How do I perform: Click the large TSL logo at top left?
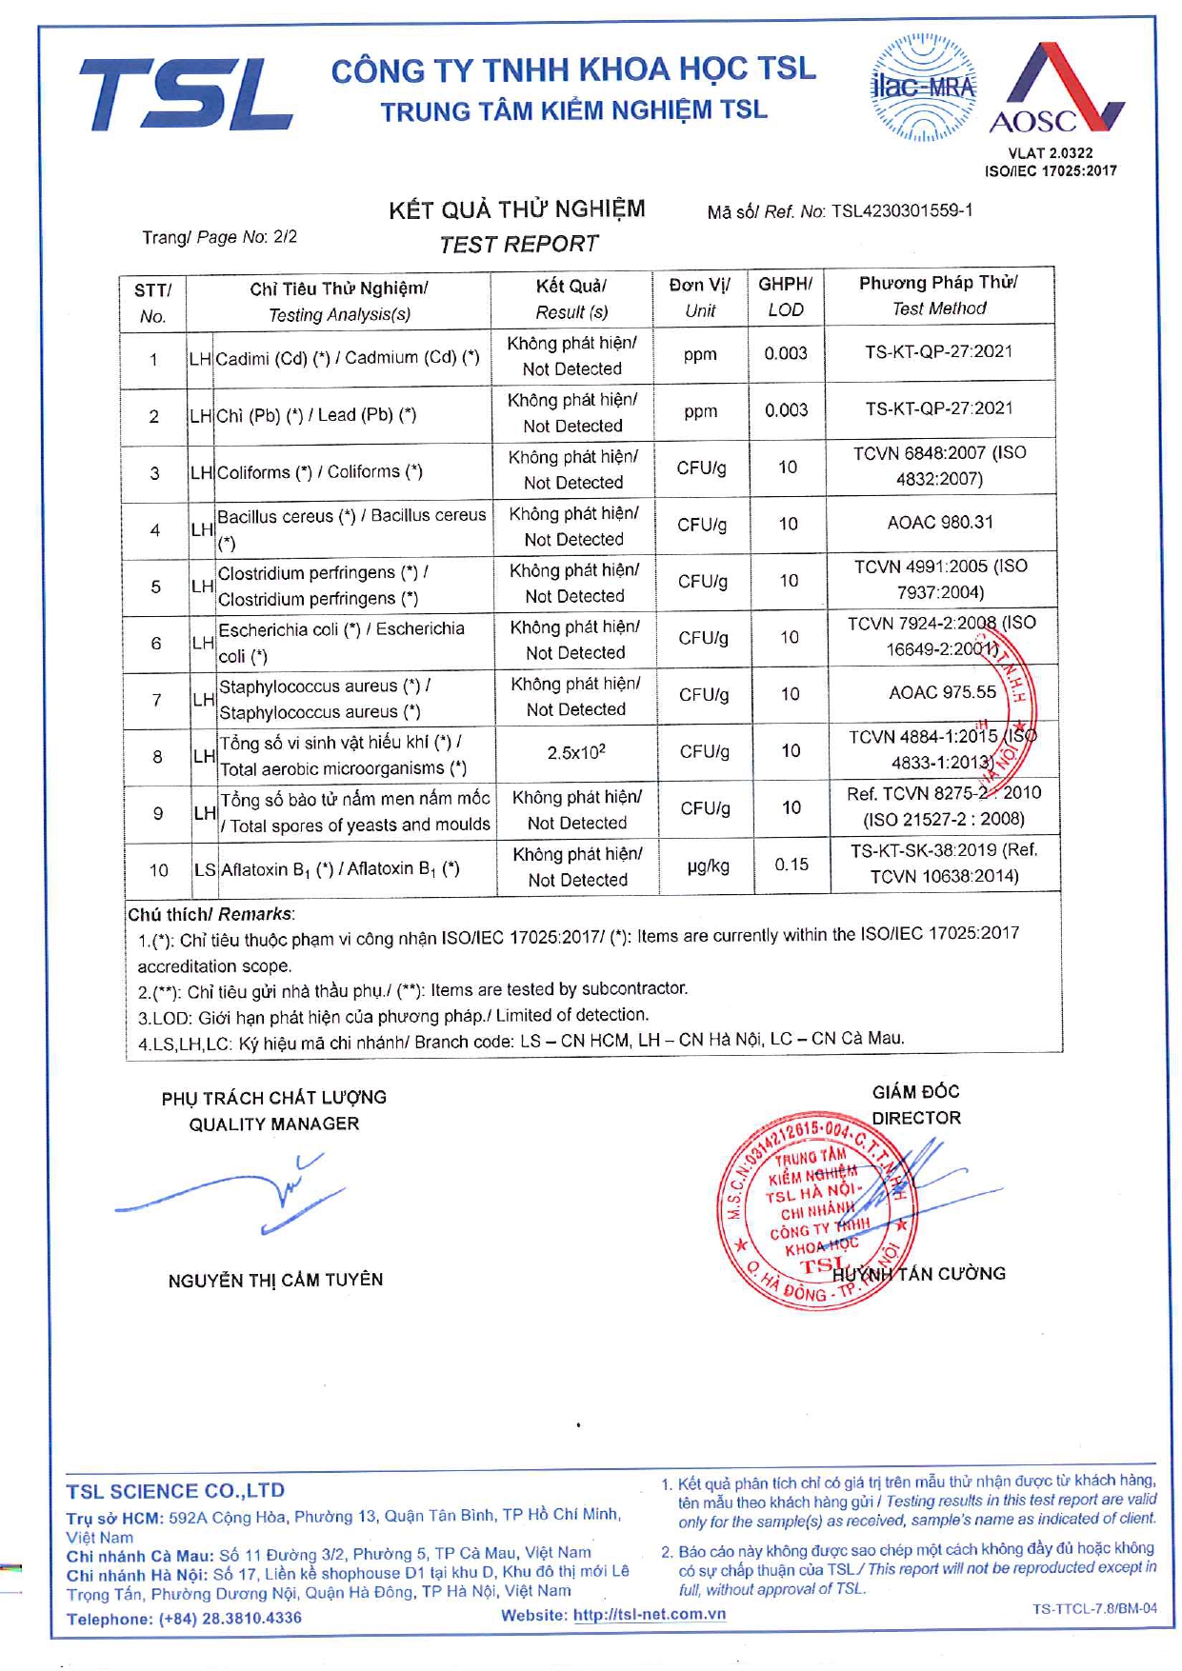pyautogui.click(x=185, y=93)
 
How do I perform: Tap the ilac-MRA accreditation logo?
pyautogui.click(x=923, y=88)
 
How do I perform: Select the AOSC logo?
pyautogui.click(x=1056, y=90)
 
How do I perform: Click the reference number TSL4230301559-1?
pyautogui.click(x=902, y=210)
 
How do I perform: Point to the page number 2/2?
pyautogui.click(x=285, y=236)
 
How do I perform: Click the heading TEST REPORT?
pyautogui.click(x=519, y=245)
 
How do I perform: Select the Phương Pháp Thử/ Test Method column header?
pyautogui.click(x=938, y=295)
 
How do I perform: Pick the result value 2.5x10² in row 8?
pyautogui.click(x=576, y=752)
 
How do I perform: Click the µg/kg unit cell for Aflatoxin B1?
pyautogui.click(x=708, y=866)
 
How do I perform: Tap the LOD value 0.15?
pyautogui.click(x=791, y=865)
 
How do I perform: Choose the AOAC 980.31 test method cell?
pyautogui.click(x=939, y=523)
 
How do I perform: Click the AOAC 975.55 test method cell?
pyautogui.click(x=942, y=692)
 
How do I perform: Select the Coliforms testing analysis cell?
pyautogui.click(x=320, y=472)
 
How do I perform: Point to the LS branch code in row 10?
pyautogui.click(x=205, y=869)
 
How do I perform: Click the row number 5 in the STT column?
pyautogui.click(x=156, y=587)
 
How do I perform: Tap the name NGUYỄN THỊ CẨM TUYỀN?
pyautogui.click(x=275, y=1281)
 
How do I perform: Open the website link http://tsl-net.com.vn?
pyautogui.click(x=649, y=1615)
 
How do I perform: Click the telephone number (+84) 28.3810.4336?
pyautogui.click(x=230, y=1619)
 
